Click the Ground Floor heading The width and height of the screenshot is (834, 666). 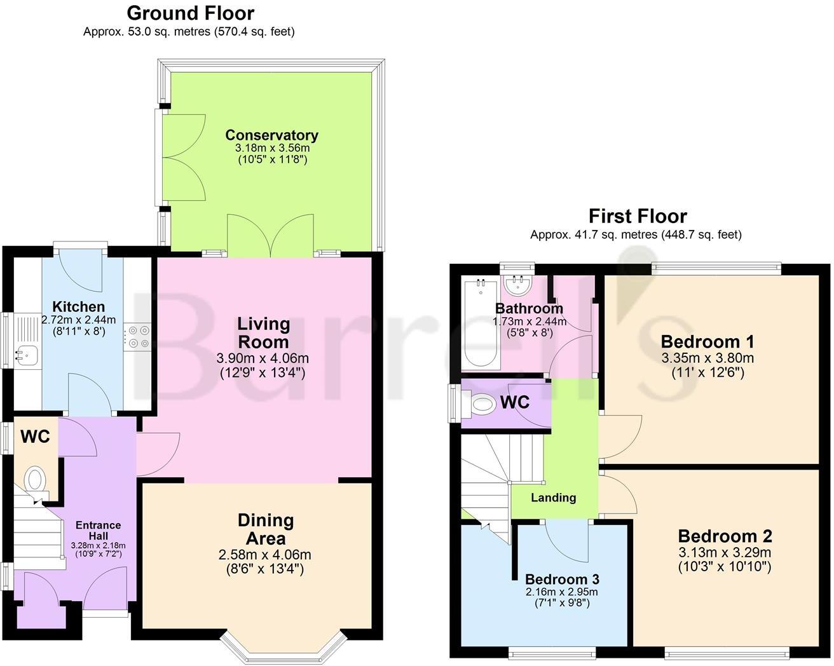[x=190, y=13]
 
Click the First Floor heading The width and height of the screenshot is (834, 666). [x=637, y=216]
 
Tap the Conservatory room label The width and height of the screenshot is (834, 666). [x=271, y=135]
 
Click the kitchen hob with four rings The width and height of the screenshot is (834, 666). [x=139, y=336]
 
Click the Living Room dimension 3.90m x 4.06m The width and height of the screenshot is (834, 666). [x=263, y=358]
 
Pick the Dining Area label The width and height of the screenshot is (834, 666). [x=265, y=529]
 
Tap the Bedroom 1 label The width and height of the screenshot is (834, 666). [x=707, y=342]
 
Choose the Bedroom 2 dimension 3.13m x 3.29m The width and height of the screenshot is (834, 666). [x=725, y=552]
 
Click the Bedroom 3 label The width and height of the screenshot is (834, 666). [x=562, y=579]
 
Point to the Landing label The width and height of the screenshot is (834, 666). [x=553, y=498]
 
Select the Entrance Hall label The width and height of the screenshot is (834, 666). [x=98, y=530]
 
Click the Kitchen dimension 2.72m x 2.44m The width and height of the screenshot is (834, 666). [x=79, y=320]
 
